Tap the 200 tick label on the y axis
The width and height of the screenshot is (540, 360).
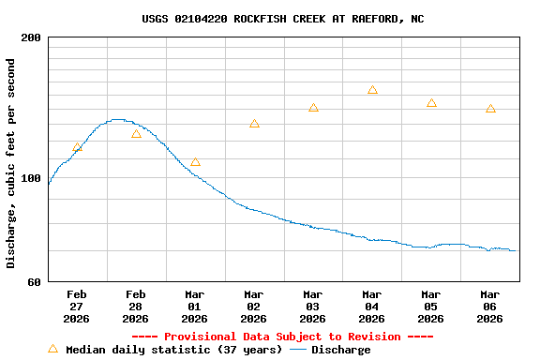(31, 37)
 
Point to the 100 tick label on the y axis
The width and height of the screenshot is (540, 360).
(31, 178)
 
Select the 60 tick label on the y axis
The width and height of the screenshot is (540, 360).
(34, 281)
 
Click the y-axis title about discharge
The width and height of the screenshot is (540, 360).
(11, 163)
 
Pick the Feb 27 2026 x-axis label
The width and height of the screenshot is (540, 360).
(77, 306)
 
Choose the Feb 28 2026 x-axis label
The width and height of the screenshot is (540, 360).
(136, 306)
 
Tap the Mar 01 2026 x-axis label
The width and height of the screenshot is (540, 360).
(195, 306)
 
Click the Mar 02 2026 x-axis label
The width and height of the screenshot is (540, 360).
(254, 306)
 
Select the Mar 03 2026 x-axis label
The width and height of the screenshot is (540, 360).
(313, 306)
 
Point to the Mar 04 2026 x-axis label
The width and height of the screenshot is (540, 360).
(372, 306)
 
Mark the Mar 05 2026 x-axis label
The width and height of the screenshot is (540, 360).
(431, 306)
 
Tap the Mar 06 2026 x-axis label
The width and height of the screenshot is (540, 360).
(490, 306)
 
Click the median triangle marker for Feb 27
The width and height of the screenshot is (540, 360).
(77, 147)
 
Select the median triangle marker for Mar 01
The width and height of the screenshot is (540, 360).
(195, 162)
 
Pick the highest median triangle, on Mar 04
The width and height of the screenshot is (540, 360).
(372, 90)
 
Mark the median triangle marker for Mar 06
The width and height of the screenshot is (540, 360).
(490, 109)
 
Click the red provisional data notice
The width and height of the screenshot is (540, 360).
(282, 337)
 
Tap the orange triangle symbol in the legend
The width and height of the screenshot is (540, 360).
(52, 349)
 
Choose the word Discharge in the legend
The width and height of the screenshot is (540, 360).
(340, 350)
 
